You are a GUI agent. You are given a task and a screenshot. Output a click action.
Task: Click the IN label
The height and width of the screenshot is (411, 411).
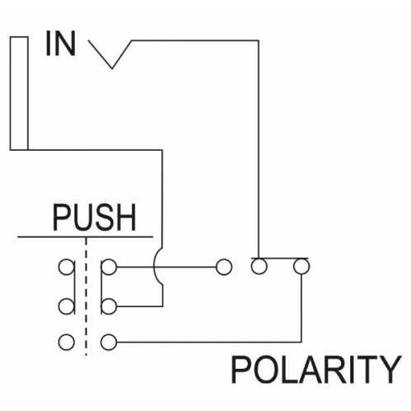pyautogui.click(x=61, y=44)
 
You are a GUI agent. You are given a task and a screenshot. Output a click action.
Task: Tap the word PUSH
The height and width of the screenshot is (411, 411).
pyautogui.click(x=94, y=217)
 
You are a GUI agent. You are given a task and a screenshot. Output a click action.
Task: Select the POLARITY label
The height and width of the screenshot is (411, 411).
pyautogui.click(x=316, y=369)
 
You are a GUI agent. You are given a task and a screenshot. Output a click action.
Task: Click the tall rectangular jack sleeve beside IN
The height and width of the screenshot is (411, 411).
pyautogui.click(x=19, y=93)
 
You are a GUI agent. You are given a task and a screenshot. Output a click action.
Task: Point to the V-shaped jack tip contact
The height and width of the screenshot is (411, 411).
pyautogui.click(x=110, y=54)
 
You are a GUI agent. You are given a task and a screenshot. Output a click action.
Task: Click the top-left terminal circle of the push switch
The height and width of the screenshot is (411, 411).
pyautogui.click(x=67, y=267)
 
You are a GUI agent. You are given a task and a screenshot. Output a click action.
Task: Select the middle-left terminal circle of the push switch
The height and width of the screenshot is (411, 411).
pyautogui.click(x=67, y=306)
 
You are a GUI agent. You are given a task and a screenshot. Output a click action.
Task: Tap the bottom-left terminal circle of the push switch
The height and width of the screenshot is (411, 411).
pyautogui.click(x=67, y=342)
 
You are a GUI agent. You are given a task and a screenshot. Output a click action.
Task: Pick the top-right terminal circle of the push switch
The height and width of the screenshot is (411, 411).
pyautogui.click(x=109, y=267)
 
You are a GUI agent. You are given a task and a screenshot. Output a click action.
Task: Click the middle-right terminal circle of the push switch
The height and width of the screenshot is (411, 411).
pyautogui.click(x=109, y=306)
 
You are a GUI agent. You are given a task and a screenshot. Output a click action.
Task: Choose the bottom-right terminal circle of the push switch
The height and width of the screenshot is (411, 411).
pyautogui.click(x=109, y=342)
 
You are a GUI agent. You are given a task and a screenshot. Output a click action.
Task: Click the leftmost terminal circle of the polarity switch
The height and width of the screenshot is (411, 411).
pyautogui.click(x=224, y=267)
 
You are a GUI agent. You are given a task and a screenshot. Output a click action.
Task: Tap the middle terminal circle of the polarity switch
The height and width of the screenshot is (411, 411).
pyautogui.click(x=259, y=266)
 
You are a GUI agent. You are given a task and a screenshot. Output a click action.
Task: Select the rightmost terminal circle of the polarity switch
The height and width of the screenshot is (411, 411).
pyautogui.click(x=301, y=266)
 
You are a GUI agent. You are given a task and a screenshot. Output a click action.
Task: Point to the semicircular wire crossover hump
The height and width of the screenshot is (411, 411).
pyautogui.click(x=154, y=266)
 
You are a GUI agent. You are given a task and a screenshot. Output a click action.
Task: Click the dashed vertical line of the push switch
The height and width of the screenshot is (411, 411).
pyautogui.click(x=86, y=297)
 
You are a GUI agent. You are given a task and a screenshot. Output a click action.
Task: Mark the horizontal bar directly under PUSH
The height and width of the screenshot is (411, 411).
pyautogui.click(x=85, y=236)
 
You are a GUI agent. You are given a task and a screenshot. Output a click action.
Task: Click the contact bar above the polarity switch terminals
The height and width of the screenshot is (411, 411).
pyautogui.click(x=279, y=258)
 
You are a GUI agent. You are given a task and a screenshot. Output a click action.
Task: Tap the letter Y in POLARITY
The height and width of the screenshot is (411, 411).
pyautogui.click(x=389, y=369)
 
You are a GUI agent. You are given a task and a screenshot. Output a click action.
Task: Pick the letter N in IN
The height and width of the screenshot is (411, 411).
pyautogui.click(x=66, y=44)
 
